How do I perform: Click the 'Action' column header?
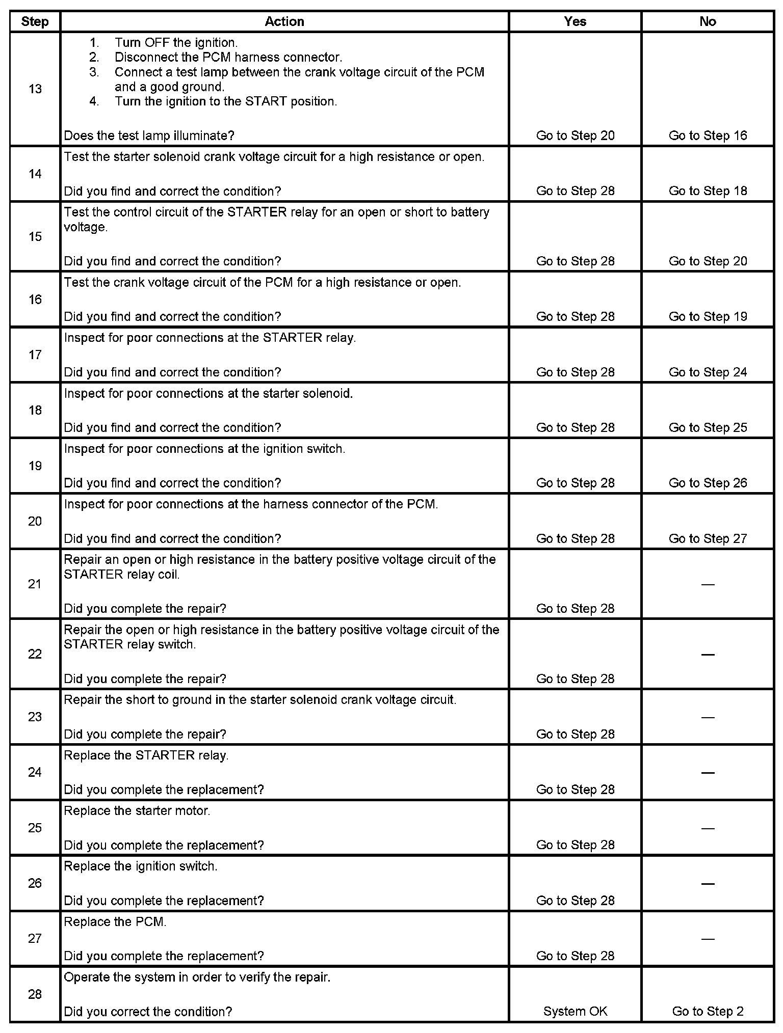pos(284,21)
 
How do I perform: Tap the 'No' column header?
pos(708,21)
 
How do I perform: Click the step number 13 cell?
pos(35,89)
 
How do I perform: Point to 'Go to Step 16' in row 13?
pos(708,135)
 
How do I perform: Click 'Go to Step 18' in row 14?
pos(708,191)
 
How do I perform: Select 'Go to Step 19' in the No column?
pos(708,316)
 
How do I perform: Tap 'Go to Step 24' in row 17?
pos(708,372)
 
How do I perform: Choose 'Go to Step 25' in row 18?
pos(708,427)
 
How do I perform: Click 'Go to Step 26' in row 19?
pos(708,483)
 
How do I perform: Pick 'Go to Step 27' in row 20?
pos(708,538)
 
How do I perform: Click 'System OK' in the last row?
pos(575,1011)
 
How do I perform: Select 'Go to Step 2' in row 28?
pos(708,1011)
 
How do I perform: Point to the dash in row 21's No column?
pos(708,584)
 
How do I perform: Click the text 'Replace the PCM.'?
pos(115,921)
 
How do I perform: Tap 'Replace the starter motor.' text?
pos(137,810)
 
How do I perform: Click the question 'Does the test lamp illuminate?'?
pos(149,135)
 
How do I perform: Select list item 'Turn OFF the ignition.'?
pos(176,42)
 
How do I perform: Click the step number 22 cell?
pos(35,654)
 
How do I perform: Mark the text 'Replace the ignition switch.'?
pos(141,866)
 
